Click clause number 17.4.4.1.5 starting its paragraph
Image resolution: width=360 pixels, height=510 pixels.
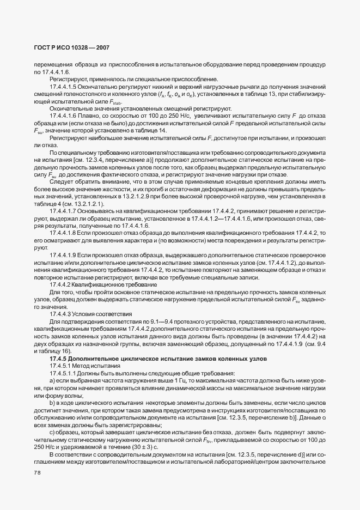63,86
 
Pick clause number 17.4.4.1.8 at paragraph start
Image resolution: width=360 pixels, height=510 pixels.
63,233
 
